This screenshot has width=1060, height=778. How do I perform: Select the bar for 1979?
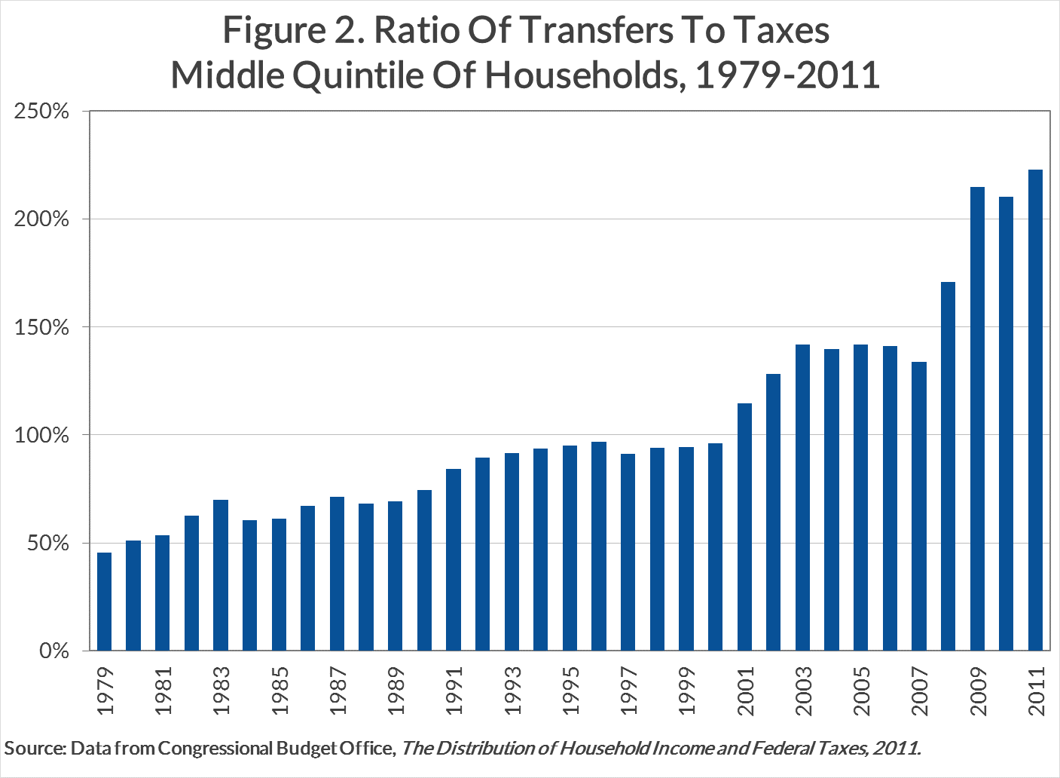104,602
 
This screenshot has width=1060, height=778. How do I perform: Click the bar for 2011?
1035,410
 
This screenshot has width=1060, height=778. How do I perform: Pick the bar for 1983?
221,575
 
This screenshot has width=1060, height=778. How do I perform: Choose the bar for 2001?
744,527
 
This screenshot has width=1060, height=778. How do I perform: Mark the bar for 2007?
919,506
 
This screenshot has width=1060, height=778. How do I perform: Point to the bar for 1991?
454,559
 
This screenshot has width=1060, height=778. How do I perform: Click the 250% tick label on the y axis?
41,112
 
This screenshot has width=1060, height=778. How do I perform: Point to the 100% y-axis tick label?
41,436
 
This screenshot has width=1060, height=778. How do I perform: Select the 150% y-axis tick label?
41,328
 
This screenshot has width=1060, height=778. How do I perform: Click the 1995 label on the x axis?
570,691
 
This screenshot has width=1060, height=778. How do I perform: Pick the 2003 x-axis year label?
803,691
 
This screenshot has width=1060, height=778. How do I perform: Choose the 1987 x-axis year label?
338,691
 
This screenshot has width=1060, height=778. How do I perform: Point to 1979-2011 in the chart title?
787,75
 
